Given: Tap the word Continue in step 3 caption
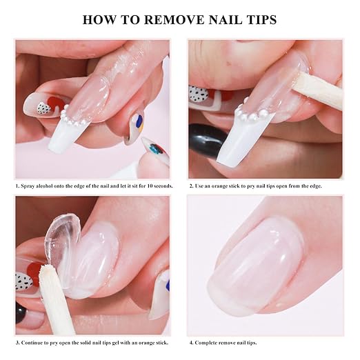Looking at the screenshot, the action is (30, 343).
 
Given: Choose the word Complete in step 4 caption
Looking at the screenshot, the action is (206, 343).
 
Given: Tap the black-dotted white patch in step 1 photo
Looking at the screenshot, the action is (43, 108).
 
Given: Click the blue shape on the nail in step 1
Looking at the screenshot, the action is (139, 121).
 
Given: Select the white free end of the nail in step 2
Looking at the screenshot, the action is (243, 138).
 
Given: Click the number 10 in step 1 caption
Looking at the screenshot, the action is (150, 186).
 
